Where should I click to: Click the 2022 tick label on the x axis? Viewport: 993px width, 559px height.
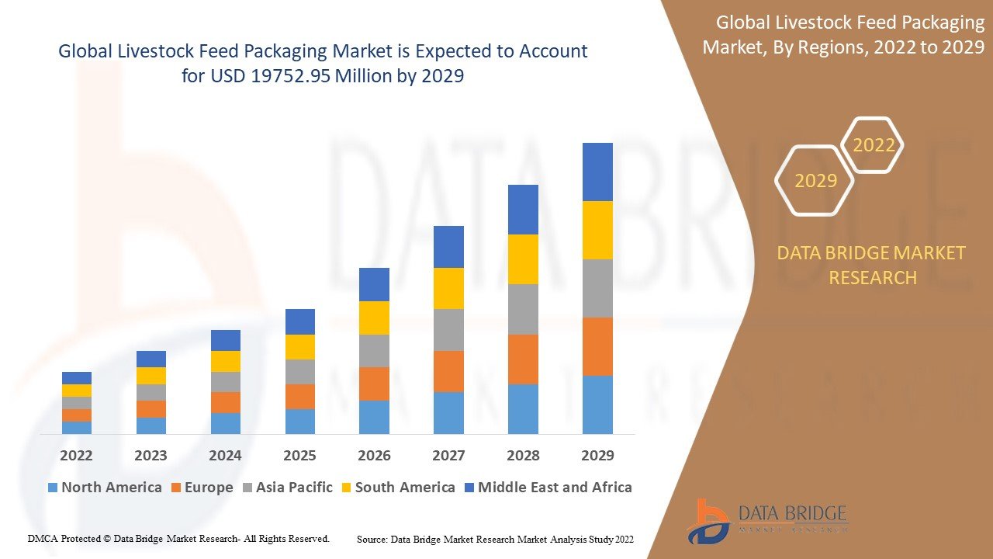pyautogui.click(x=76, y=455)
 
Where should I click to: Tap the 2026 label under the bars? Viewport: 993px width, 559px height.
pyautogui.click(x=374, y=455)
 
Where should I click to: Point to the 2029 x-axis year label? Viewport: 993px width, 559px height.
pyautogui.click(x=597, y=455)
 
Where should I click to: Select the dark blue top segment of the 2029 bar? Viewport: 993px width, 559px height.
pyautogui.click(x=597, y=172)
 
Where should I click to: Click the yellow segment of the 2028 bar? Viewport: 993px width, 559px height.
pyautogui.click(x=523, y=259)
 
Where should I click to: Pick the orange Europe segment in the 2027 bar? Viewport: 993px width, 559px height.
pyautogui.click(x=448, y=371)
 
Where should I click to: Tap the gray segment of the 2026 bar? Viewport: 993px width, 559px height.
pyautogui.click(x=374, y=351)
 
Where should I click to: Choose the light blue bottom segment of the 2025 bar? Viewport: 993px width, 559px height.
pyautogui.click(x=299, y=421)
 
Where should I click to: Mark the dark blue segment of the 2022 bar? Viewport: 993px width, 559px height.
pyautogui.click(x=76, y=378)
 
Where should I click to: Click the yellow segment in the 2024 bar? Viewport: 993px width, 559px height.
pyautogui.click(x=225, y=361)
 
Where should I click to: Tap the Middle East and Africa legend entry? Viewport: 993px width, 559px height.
pyautogui.click(x=554, y=488)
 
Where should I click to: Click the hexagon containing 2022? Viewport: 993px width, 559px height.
pyautogui.click(x=874, y=145)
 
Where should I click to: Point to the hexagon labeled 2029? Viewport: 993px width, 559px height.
pyautogui.click(x=815, y=181)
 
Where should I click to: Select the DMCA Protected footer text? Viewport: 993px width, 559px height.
pyautogui.click(x=178, y=538)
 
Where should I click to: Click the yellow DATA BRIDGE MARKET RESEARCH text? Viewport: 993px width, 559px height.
pyautogui.click(x=873, y=265)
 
